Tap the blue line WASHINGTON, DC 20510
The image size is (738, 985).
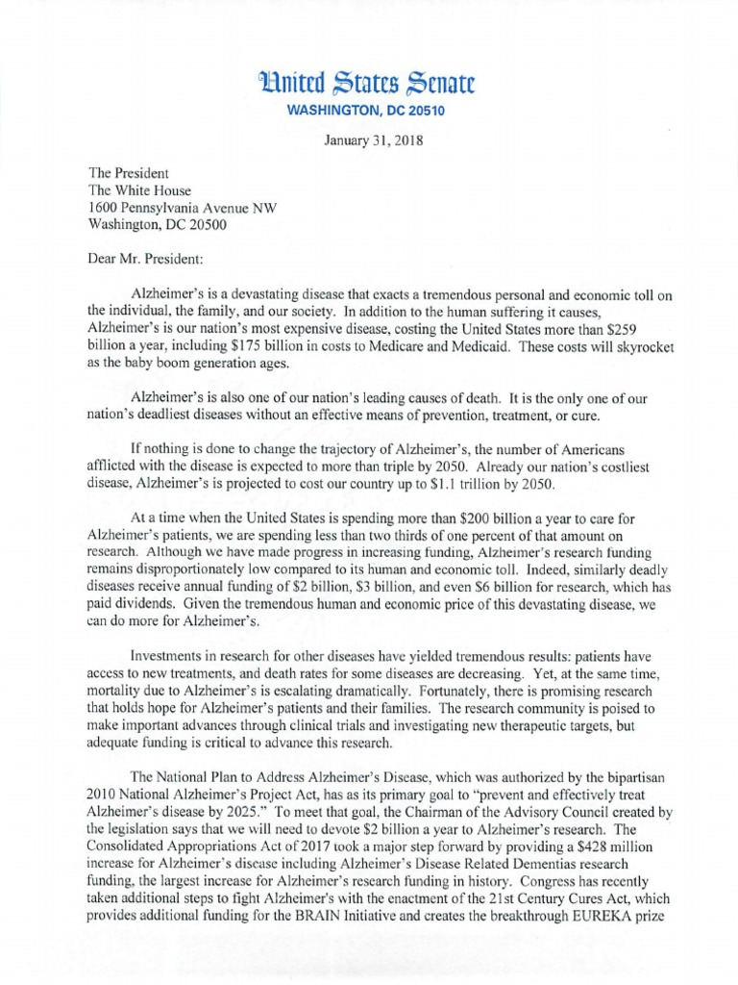[x=368, y=112]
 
